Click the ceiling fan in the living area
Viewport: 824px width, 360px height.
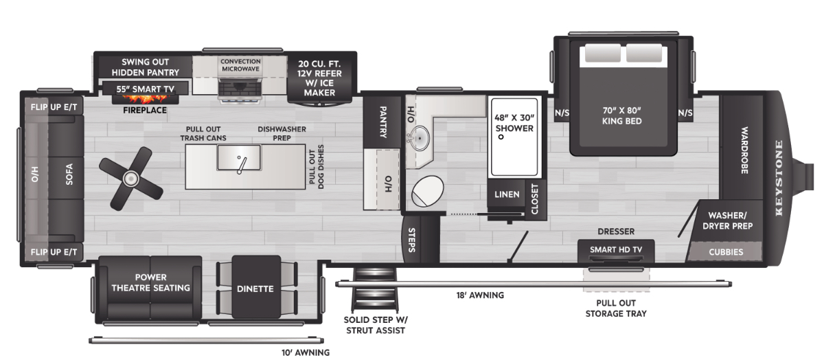(x=130, y=179)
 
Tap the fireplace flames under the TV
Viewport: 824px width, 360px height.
(x=146, y=99)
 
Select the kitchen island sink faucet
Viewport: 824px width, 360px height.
(x=241, y=165)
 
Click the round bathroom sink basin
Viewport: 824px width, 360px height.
(x=420, y=138)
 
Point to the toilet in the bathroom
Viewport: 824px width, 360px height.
(x=427, y=191)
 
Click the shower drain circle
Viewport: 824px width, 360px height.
(x=501, y=137)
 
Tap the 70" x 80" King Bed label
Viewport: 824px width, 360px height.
(x=621, y=115)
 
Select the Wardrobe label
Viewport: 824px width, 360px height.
(x=744, y=150)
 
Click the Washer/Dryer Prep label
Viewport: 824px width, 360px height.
(x=727, y=221)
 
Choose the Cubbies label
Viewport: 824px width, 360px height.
(x=726, y=252)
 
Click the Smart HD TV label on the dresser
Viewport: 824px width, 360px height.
(x=616, y=249)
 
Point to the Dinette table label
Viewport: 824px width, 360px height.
(x=255, y=289)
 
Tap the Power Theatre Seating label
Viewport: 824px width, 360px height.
(x=150, y=282)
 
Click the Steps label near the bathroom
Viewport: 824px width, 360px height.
(x=411, y=240)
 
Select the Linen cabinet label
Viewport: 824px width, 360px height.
(x=507, y=194)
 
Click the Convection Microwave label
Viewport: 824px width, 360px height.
(x=240, y=65)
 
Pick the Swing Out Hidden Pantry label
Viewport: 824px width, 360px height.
(x=146, y=67)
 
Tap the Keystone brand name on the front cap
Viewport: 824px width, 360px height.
(x=779, y=178)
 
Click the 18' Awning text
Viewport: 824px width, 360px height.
(x=480, y=295)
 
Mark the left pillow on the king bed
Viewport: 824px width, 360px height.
(x=603, y=53)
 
